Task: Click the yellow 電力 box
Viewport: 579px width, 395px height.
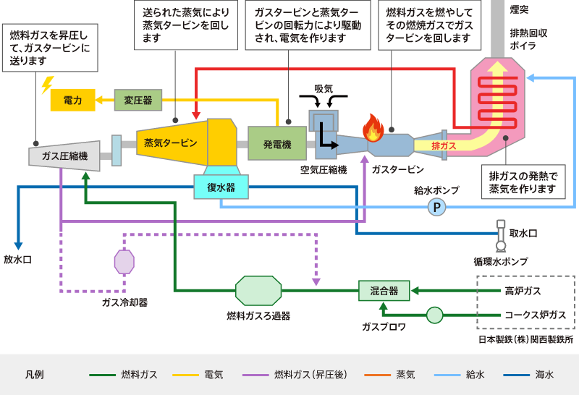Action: tap(72, 100)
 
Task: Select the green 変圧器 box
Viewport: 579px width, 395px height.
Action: tap(138, 100)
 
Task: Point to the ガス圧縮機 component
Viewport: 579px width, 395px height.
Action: tap(64, 156)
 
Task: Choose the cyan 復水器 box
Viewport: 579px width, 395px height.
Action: tap(221, 187)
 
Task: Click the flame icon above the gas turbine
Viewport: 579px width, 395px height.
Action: tap(373, 128)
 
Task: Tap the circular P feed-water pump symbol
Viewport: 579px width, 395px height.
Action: tap(436, 208)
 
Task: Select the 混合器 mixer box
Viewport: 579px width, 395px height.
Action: tap(384, 291)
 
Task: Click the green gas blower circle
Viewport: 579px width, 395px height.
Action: tap(434, 315)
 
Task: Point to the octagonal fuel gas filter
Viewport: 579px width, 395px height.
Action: tap(258, 291)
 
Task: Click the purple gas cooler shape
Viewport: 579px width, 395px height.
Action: tap(124, 261)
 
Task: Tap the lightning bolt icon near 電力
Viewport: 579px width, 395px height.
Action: tap(48, 85)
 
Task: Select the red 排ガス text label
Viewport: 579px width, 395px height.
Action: tap(443, 145)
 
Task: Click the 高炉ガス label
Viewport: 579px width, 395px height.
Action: tap(523, 291)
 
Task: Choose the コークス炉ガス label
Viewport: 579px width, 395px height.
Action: tap(534, 315)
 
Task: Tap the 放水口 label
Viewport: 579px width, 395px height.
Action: tap(18, 259)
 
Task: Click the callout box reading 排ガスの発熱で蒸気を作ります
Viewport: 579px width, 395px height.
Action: tap(523, 182)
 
